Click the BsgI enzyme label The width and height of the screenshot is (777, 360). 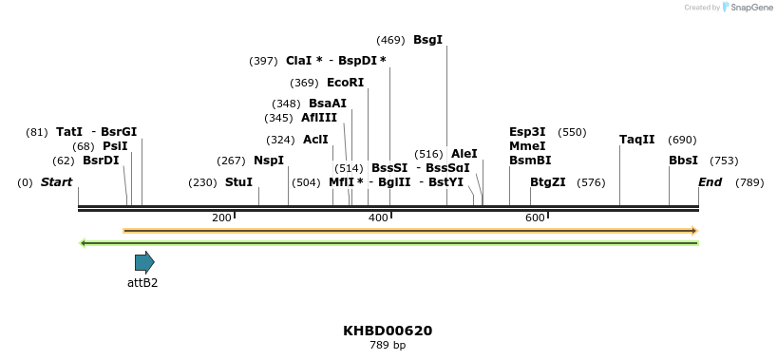pyautogui.click(x=427, y=40)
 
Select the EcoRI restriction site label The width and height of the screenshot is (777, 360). pyautogui.click(x=345, y=83)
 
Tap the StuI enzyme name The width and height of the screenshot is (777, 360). pyautogui.click(x=238, y=182)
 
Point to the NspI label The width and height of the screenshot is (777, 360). pyautogui.click(x=268, y=161)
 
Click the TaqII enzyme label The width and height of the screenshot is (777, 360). pyautogui.click(x=636, y=140)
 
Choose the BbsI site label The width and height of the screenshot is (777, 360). pyautogui.click(x=683, y=161)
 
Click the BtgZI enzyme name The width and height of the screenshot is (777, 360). pyautogui.click(x=547, y=182)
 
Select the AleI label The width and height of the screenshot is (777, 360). pyautogui.click(x=464, y=154)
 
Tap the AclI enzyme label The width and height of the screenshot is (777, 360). pyautogui.click(x=315, y=140)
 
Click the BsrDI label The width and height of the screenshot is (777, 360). pyautogui.click(x=101, y=161)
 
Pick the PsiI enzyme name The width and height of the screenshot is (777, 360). pyautogui.click(x=114, y=146)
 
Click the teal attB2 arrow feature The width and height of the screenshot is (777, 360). pyautogui.click(x=144, y=262)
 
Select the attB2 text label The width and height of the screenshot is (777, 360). pyautogui.click(x=142, y=282)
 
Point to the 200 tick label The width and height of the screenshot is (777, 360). pyautogui.click(x=221, y=218)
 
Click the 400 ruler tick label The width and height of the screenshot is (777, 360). pyautogui.click(x=378, y=218)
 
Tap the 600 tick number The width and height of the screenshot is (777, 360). pyautogui.click(x=535, y=218)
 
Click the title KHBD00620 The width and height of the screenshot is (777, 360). pyautogui.click(x=388, y=332)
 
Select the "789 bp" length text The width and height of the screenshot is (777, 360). pyautogui.click(x=388, y=345)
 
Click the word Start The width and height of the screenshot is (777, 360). pyautogui.click(x=56, y=182)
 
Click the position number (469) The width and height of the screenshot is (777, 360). pyautogui.click(x=390, y=40)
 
